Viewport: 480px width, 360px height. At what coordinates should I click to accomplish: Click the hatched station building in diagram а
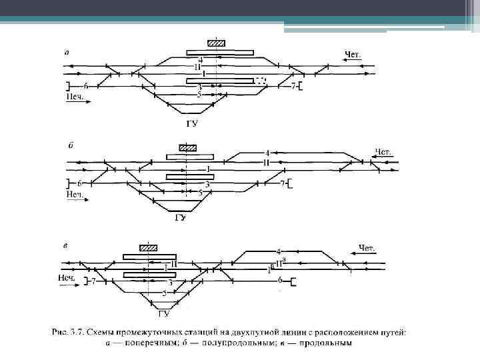click(x=216, y=43)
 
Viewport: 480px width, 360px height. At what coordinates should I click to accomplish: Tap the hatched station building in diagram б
click(x=188, y=148)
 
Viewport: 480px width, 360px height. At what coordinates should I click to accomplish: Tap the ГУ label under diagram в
click(x=163, y=313)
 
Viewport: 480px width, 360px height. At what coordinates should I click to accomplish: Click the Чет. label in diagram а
click(x=354, y=54)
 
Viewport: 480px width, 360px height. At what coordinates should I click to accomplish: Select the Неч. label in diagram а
click(x=75, y=96)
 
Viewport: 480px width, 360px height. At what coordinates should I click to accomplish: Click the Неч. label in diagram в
click(x=67, y=277)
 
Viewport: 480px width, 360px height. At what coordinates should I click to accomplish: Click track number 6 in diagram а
click(x=86, y=86)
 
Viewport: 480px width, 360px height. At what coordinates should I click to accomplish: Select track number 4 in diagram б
click(x=267, y=153)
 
